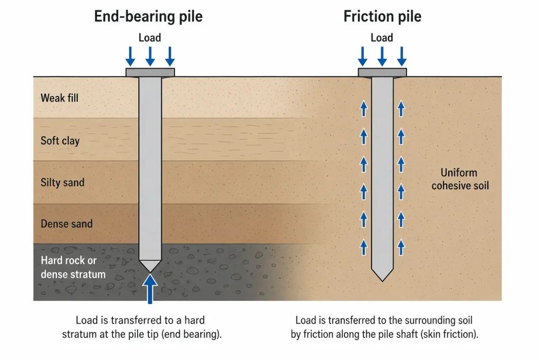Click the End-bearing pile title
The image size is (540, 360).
(148, 16)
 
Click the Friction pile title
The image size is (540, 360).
(382, 16)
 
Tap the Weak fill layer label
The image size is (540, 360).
(60, 98)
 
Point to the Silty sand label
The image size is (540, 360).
(63, 183)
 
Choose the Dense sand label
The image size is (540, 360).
(66, 224)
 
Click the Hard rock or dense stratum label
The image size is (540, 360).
(73, 267)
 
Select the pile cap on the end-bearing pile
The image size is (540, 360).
(150, 72)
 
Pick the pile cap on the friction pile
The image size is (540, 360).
(382, 72)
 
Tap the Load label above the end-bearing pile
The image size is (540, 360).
(150, 37)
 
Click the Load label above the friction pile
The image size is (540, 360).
(382, 37)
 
